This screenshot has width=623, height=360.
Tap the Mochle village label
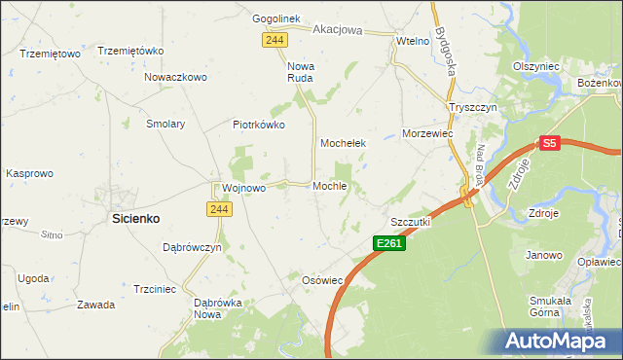coord(330,186)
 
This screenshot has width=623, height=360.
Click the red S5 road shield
coord(550,143)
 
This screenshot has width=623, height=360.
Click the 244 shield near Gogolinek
coord(274,38)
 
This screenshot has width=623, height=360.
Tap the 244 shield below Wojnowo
coord(218,208)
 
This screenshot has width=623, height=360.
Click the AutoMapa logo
coord(555,341)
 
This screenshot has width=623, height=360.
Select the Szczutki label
coord(410,222)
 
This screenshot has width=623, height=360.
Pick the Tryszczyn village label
coord(472,107)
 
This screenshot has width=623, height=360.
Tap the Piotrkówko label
coord(258,125)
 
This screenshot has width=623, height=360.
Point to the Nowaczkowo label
coord(176,77)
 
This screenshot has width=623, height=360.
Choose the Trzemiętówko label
coord(128,51)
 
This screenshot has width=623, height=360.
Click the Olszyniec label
coord(536,65)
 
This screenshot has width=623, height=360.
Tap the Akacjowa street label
coord(337,30)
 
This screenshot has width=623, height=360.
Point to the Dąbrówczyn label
coord(192,247)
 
